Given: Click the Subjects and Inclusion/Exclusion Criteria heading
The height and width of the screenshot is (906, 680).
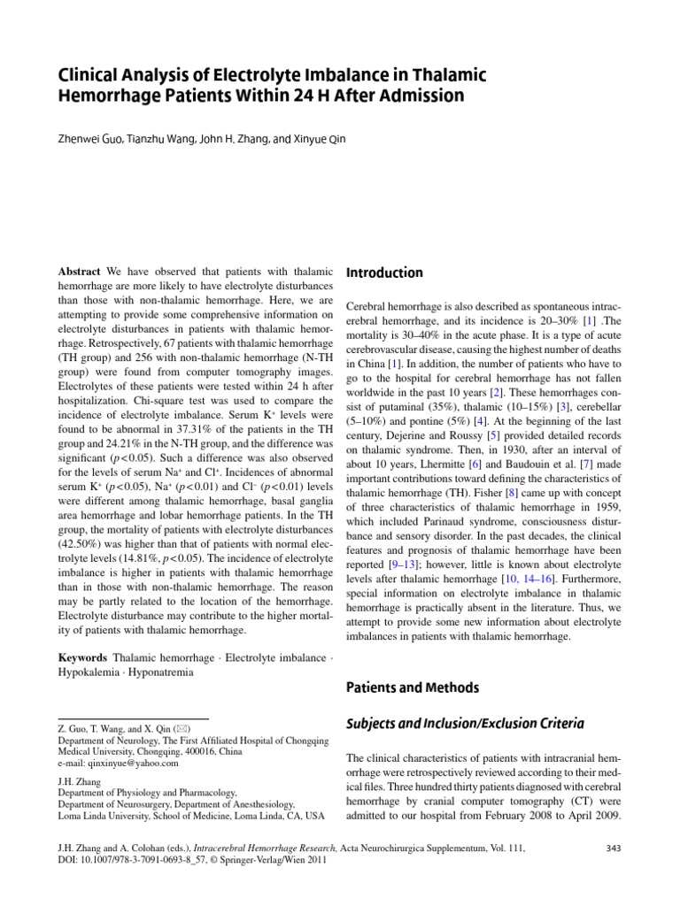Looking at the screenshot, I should coord(464,723).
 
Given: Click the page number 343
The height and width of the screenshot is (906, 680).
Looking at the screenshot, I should coord(612,848).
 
